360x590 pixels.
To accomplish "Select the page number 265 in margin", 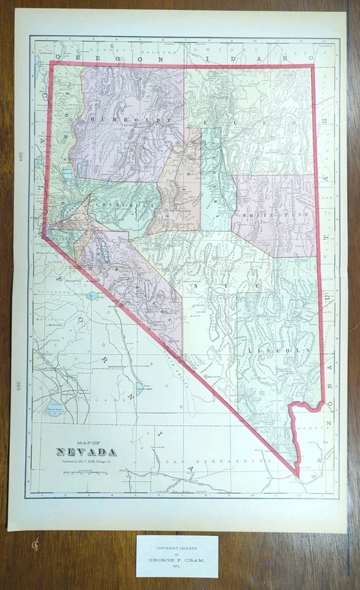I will [20, 387].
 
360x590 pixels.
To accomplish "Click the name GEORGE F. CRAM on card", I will [177, 561].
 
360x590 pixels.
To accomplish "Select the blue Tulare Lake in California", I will [55, 408].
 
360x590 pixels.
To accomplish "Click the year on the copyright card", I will [177, 569].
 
